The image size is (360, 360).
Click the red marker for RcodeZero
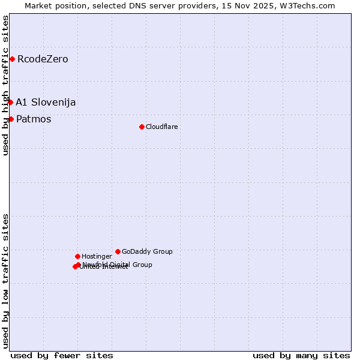click(x=12, y=59)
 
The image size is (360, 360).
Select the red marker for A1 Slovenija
click(x=10, y=102)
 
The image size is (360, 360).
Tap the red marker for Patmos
click(x=11, y=119)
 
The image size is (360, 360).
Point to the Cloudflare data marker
click(x=142, y=127)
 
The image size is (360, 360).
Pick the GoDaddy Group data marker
click(x=118, y=251)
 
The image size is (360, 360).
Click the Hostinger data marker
click(x=77, y=256)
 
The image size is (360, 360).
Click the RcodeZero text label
click(x=43, y=59)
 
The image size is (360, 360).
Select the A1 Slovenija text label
click(x=46, y=102)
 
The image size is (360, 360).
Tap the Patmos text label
click(x=34, y=119)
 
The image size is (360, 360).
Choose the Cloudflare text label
click(x=162, y=127)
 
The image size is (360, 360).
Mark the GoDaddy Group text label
click(x=147, y=251)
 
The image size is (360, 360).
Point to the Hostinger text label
click(x=97, y=256)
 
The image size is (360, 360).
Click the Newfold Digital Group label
click(x=118, y=265)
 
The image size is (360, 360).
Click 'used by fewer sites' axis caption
click(x=62, y=355)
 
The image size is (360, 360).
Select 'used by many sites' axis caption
click(x=301, y=355)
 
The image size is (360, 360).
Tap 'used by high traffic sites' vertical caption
click(x=5, y=85)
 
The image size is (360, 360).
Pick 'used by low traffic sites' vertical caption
click(x=5, y=281)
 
